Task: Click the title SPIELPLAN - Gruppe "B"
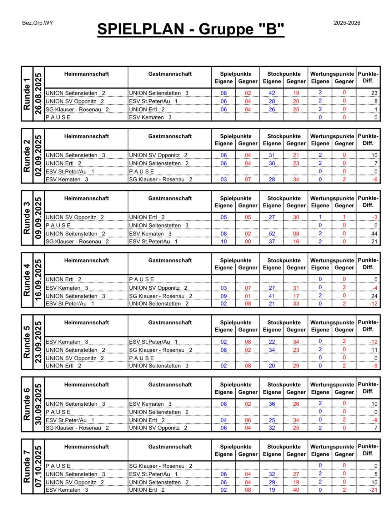coord(191,29)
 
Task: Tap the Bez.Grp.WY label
coord(37,23)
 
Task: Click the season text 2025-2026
coord(347,23)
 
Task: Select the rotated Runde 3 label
coord(27,218)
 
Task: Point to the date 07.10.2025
coord(38,467)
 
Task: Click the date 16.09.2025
coord(38,280)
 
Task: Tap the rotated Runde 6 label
coord(27,404)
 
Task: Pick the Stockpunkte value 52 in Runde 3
coord(272,234)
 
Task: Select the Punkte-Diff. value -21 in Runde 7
coord(373,490)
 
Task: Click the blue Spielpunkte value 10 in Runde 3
coord(223,242)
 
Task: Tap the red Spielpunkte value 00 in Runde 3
coord(248,242)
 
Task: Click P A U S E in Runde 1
coord(58,117)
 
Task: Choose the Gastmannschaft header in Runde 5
coord(170,323)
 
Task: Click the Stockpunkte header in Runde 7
coord(284,447)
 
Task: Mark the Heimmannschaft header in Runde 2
coord(86,136)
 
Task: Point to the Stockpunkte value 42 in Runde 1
coord(272,93)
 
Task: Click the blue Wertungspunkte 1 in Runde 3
coord(320,217)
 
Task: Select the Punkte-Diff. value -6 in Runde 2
coord(375,179)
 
